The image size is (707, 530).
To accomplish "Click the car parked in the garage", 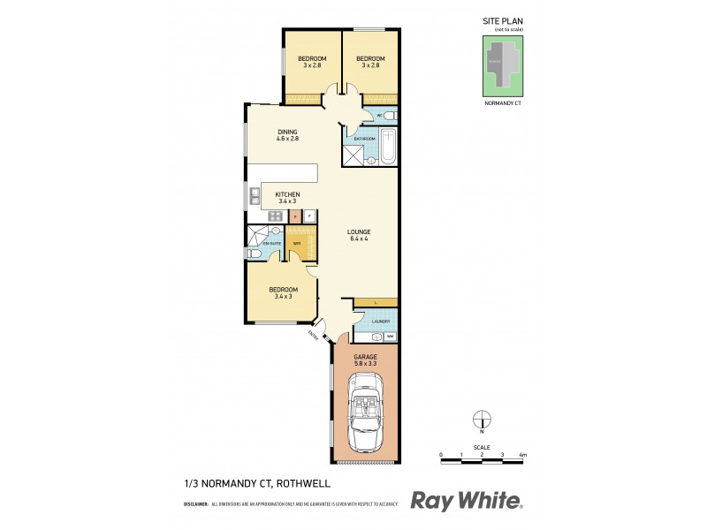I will [x=365, y=411].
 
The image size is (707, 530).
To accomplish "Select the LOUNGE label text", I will [x=358, y=233].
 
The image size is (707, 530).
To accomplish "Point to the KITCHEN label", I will [x=287, y=194].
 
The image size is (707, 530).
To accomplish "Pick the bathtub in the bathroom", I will [x=388, y=148].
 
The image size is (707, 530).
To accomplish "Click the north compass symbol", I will [x=482, y=420].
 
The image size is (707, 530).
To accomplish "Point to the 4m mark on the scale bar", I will [x=523, y=455].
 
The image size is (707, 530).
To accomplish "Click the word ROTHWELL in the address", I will [x=304, y=482].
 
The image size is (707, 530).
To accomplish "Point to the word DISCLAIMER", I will [x=195, y=503].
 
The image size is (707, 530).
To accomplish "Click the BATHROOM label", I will [x=365, y=140].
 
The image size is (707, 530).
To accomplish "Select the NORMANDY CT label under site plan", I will [x=505, y=104].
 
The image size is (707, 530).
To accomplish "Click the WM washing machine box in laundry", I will [x=389, y=337].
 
